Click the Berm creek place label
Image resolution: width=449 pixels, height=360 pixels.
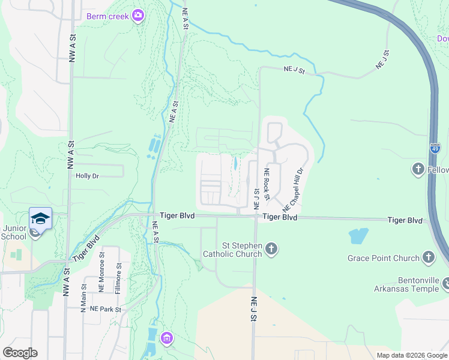click(107, 16)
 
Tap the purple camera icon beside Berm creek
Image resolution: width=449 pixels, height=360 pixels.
click(139, 15)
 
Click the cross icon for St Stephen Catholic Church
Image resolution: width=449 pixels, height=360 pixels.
click(272, 248)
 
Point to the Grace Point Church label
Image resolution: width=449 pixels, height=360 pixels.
click(384, 258)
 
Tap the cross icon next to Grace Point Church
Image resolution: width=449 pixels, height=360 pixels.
click(428, 257)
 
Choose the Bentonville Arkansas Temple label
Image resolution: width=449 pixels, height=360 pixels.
click(415, 285)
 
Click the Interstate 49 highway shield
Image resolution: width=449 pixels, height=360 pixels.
click(435, 146)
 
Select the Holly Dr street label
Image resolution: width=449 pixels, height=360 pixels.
click(86, 176)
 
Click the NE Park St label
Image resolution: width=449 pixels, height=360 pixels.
click(106, 310)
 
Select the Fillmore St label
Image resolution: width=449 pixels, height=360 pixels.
click(119, 274)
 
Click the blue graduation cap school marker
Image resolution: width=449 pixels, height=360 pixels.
click(40, 218)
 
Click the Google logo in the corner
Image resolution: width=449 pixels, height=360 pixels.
click(20, 353)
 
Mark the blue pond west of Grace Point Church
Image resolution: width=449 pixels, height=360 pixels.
click(358, 235)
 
